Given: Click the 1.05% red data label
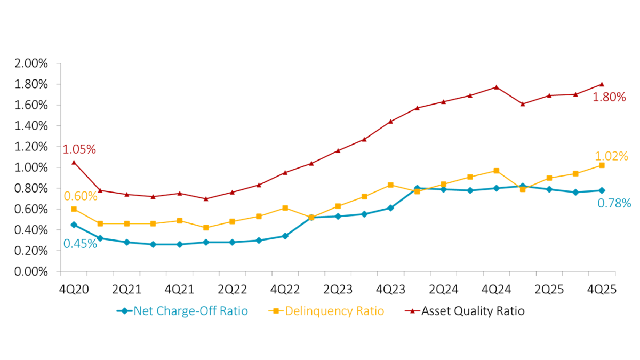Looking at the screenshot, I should click(x=79, y=149).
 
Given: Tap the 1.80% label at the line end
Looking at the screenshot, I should click(x=609, y=97).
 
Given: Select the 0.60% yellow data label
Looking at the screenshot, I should click(x=80, y=196).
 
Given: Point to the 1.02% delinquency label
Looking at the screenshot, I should click(x=611, y=156).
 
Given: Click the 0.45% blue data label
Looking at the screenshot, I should click(x=80, y=244).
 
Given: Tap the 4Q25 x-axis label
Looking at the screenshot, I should click(x=602, y=289).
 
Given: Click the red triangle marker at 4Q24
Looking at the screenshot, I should click(x=496, y=87).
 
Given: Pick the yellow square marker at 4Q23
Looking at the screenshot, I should click(x=390, y=185).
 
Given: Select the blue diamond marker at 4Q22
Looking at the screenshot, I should click(x=285, y=236).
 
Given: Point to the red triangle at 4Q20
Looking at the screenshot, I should click(x=74, y=162).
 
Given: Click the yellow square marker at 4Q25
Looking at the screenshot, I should click(x=602, y=165).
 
